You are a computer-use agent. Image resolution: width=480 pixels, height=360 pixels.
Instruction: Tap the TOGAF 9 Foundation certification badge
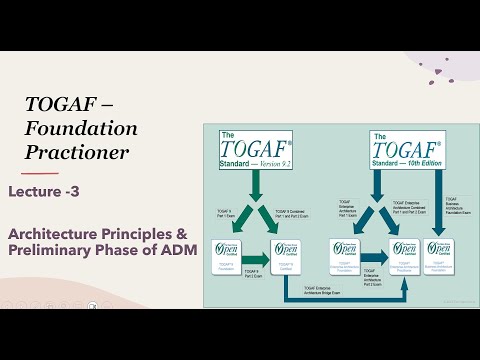(227, 258)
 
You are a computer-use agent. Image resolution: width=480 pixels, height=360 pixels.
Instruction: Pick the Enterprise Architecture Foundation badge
(347, 257)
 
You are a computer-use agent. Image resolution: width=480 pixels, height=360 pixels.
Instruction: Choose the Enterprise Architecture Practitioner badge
(404, 257)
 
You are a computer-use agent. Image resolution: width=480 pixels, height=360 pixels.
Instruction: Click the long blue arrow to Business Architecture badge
(438, 190)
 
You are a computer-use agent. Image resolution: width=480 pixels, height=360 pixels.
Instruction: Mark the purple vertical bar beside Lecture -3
(13, 191)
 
